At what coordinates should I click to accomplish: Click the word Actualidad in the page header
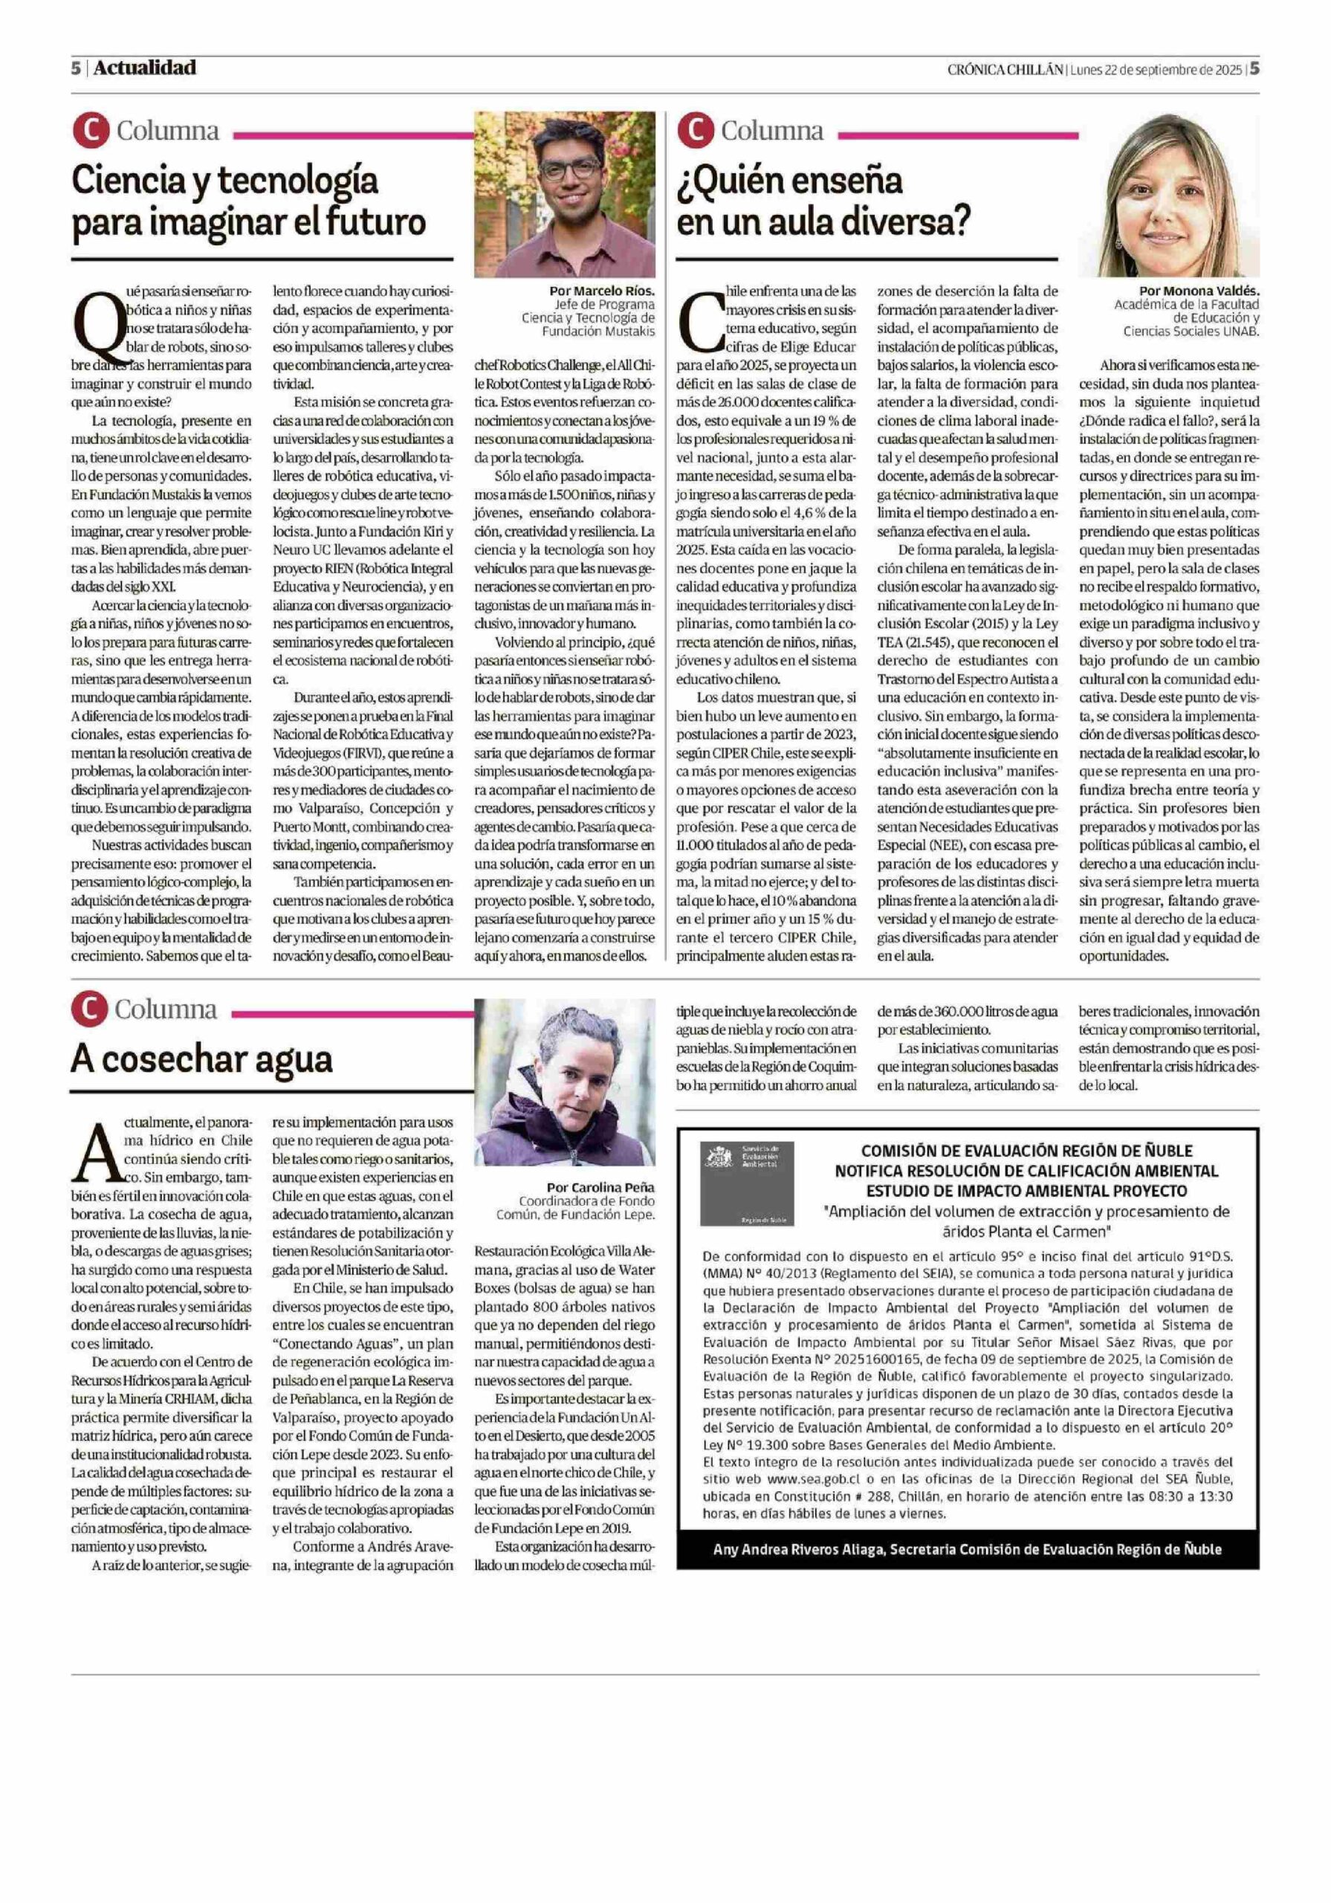click(144, 68)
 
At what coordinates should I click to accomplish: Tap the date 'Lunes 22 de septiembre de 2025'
click(1156, 70)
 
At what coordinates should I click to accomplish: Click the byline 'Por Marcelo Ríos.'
click(602, 291)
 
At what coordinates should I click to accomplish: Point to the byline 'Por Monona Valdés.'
click(1199, 291)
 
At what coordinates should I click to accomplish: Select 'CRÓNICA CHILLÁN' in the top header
click(1005, 70)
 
